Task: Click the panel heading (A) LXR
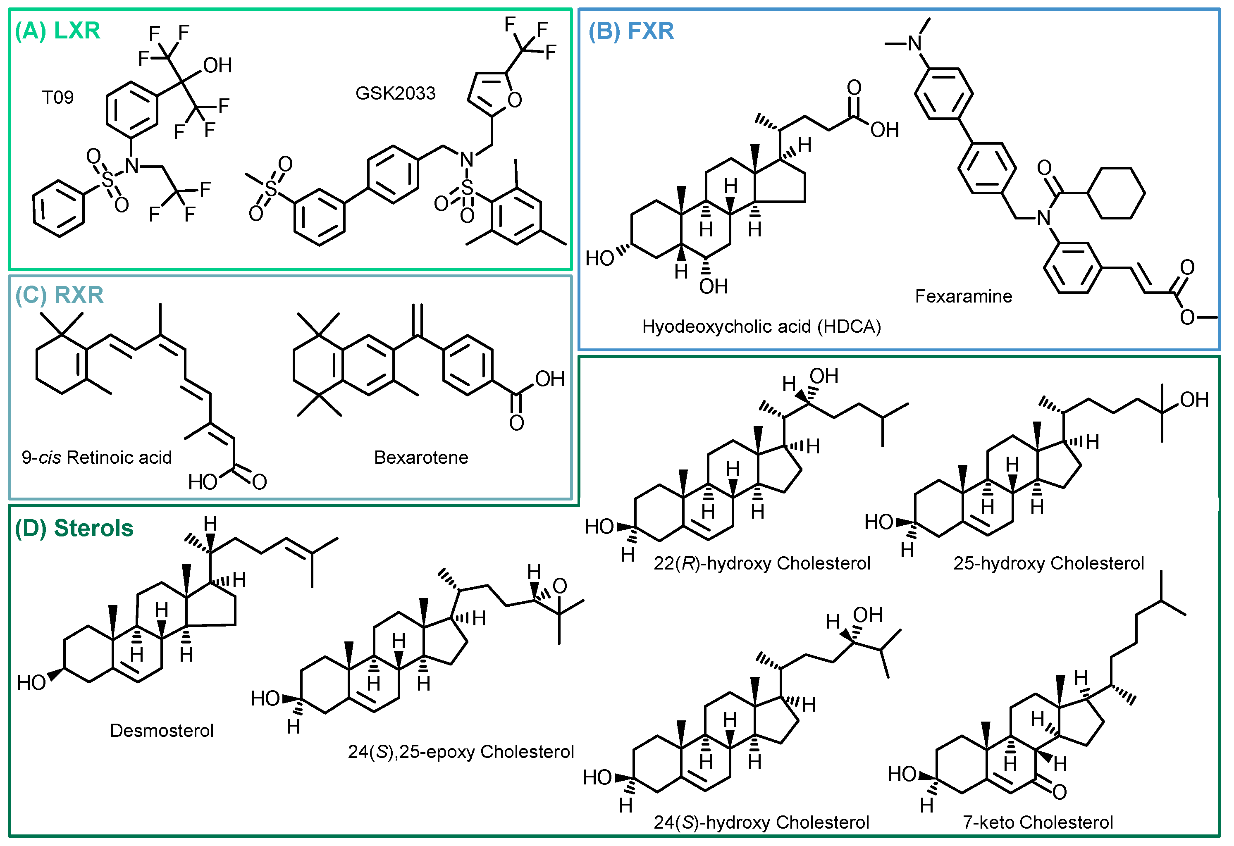tap(57, 30)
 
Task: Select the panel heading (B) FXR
tap(631, 31)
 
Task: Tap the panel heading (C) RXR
tap(60, 295)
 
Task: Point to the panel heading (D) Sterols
tap(74, 528)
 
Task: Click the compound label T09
tap(57, 97)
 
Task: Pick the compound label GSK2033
tap(395, 93)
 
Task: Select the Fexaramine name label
tap(963, 296)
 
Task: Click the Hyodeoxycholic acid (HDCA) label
tap(761, 326)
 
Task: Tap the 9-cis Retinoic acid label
tap(97, 458)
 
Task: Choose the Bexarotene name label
tap(421, 458)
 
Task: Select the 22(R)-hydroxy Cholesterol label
tap(761, 563)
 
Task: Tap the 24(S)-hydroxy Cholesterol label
tap(761, 822)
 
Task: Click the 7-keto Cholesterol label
tap(1038, 822)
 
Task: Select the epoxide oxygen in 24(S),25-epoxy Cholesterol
tap(560, 586)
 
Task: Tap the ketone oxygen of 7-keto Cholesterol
tap(1059, 792)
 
